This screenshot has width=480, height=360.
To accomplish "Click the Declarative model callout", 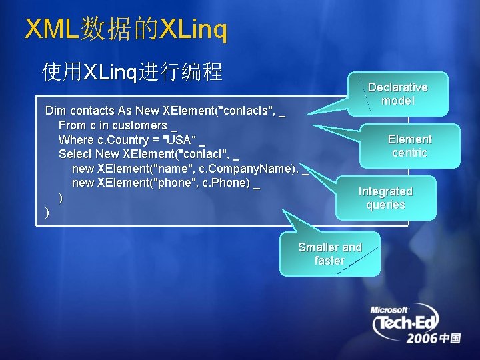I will coord(398,94).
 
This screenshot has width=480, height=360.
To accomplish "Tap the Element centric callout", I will coord(409,146).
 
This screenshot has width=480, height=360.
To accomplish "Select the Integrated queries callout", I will coord(385,198).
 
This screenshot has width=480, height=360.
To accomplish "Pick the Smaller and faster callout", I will coord(329,254).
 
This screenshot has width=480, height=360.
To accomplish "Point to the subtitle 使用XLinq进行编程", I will coord(132,71).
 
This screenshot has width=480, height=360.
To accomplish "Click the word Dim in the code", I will coord(55,111).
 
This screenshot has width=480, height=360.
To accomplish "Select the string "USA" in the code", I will coord(178,140).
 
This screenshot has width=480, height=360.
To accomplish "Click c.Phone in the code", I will coord(226,183).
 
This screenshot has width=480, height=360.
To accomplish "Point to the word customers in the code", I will coord(139,125).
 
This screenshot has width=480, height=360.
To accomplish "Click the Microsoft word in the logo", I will coord(389,310).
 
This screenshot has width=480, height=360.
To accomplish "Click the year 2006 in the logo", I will coord(422,339).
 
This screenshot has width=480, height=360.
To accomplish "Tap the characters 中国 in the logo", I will coord(451,339).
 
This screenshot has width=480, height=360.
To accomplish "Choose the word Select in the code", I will coord(75,154).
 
